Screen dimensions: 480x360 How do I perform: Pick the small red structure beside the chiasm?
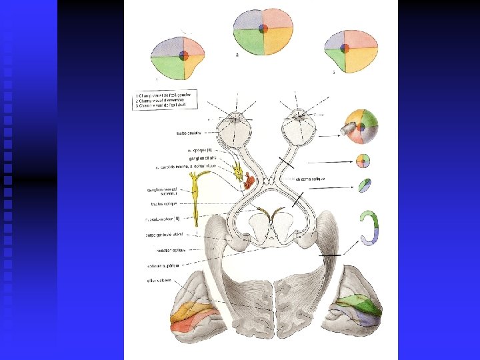click(x=249, y=180)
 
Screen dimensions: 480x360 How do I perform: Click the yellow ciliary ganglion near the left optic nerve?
click(x=238, y=171)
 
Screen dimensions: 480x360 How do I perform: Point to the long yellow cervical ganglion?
click(x=196, y=197)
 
